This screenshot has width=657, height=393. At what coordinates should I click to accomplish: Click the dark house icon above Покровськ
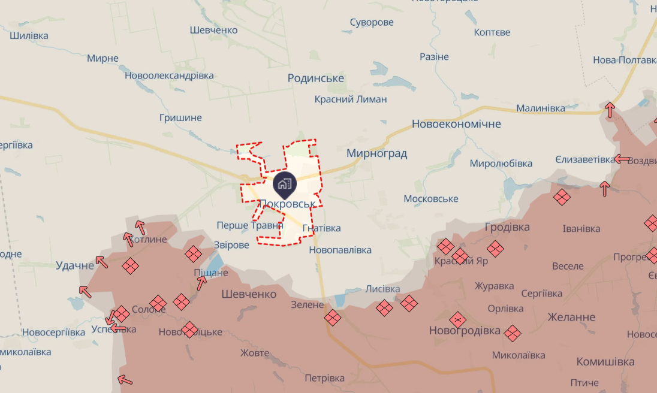coord(284,183)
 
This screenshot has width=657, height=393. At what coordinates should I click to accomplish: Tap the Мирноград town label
coord(376,153)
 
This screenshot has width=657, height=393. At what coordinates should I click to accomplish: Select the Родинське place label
coord(315,78)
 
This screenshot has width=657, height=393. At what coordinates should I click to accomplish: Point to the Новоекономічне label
coord(456,124)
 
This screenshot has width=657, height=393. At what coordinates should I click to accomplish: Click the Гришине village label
coord(180,117)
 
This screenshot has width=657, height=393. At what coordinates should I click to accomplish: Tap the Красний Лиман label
coord(351,99)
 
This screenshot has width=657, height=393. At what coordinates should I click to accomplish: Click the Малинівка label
coord(541,108)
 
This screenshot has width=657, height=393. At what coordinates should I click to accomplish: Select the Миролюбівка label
coord(501,164)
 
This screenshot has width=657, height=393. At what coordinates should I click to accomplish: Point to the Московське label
coord(430,198)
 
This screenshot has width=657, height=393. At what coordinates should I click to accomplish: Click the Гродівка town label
coord(507,227)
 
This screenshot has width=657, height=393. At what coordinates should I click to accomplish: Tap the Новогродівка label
coord(464,331)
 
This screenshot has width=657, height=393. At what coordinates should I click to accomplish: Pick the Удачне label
coord(75,265)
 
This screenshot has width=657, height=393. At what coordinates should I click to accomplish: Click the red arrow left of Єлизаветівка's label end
coord(622,159)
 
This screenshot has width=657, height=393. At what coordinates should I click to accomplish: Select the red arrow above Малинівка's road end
coord(610,110)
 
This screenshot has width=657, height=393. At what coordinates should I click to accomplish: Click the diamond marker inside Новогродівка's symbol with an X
coord(458,320)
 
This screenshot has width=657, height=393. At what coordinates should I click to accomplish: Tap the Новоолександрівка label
coord(169,76)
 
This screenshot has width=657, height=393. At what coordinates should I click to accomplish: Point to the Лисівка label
coord(382,289)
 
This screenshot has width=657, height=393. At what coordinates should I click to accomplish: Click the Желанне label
coord(571,316)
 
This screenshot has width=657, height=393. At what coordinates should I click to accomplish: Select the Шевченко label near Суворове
coord(213,30)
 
